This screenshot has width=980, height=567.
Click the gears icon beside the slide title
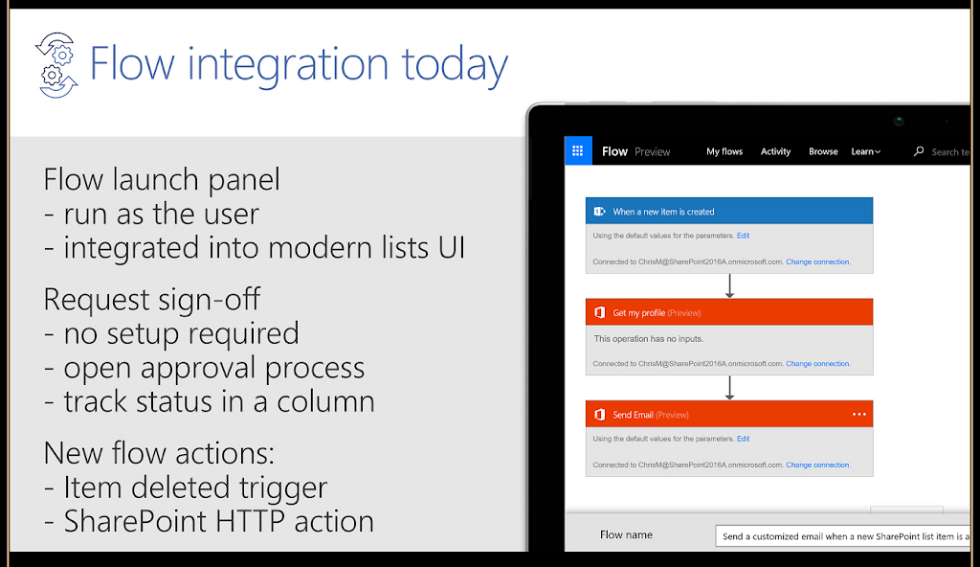56,65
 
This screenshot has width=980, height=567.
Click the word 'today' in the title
455,66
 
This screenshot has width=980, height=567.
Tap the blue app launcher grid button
578,150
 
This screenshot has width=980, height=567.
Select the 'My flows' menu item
724,151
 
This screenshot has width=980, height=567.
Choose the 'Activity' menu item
775,151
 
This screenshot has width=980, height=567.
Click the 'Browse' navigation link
823,151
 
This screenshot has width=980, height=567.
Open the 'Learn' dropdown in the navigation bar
865,151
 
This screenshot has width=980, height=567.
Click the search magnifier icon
918,151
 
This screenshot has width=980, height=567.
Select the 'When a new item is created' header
729,211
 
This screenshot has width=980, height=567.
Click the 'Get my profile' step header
729,312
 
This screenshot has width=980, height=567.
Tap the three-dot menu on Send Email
859,415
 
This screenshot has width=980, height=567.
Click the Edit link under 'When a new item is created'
743,236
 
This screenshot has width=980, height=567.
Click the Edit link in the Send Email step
743,439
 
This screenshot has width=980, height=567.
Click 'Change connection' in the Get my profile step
817,364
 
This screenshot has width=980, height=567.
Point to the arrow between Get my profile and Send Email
729,388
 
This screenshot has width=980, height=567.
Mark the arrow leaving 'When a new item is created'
729,286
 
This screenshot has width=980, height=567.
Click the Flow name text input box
843,536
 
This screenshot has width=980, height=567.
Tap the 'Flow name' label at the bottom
626,535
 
